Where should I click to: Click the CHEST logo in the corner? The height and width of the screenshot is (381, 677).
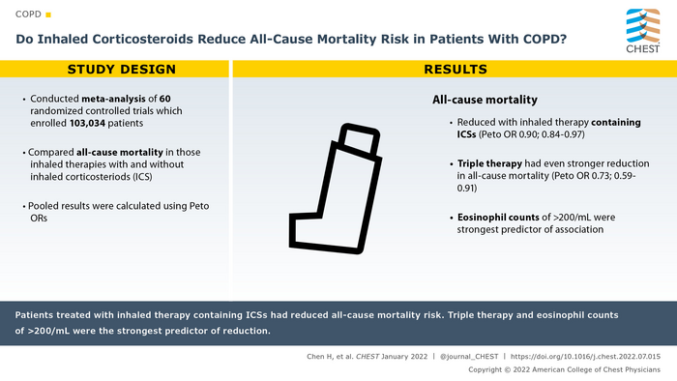[643, 31]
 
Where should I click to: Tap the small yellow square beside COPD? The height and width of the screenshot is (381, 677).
[48, 15]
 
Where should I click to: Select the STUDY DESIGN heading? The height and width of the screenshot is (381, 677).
[122, 69]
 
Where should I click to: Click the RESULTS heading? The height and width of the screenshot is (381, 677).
[456, 69]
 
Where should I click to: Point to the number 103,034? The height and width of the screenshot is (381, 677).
[87, 124]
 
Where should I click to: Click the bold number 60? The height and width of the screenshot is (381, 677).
[165, 99]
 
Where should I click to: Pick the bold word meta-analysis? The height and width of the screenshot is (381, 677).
[113, 99]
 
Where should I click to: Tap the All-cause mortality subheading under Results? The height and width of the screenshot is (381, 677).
[485, 100]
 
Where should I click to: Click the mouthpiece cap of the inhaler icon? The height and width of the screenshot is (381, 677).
[359, 138]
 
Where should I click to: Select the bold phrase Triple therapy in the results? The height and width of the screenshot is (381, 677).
[489, 164]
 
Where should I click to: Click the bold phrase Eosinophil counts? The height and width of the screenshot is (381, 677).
[498, 218]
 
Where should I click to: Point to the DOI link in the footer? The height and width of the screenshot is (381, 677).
[585, 357]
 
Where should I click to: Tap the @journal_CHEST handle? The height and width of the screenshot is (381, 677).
[469, 357]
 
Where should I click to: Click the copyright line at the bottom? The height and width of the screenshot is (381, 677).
[564, 369]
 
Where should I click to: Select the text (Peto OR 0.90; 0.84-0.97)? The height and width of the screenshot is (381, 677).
[532, 134]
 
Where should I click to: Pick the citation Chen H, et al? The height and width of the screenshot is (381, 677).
[331, 357]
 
